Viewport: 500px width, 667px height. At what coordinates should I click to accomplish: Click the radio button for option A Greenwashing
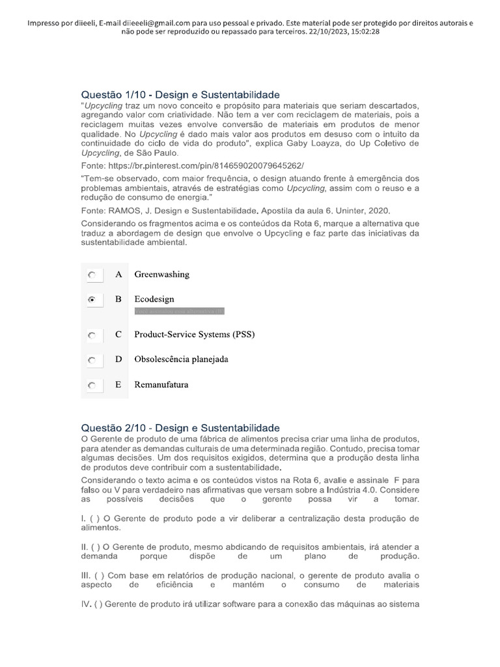[92, 276]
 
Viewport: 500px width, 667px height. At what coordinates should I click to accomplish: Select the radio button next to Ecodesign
[92, 300]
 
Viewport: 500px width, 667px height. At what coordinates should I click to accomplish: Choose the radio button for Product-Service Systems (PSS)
[92, 335]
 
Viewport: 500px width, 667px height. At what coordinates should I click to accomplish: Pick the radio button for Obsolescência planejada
[92, 360]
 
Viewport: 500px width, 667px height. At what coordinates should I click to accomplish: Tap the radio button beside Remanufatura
[92, 386]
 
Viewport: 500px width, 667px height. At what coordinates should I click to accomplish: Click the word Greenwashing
[161, 274]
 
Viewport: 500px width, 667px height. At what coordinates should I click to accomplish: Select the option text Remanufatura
[161, 384]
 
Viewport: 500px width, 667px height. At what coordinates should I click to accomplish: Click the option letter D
[118, 359]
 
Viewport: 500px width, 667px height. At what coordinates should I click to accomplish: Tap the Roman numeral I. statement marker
[83, 518]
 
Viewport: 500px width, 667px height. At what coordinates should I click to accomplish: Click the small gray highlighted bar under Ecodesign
[179, 311]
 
